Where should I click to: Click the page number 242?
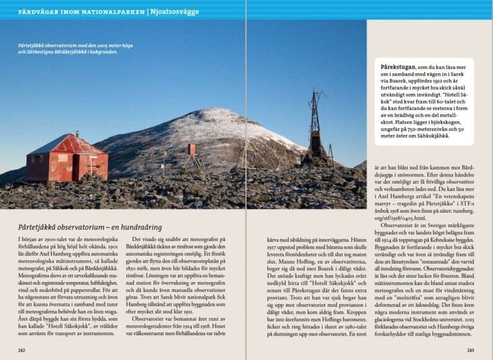tap(22, 350)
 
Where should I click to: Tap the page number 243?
tap(470, 350)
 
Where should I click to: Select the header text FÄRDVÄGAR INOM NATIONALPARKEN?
tap(81, 11)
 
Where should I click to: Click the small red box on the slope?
tap(191, 149)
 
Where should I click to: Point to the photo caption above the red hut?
tap(75, 49)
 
